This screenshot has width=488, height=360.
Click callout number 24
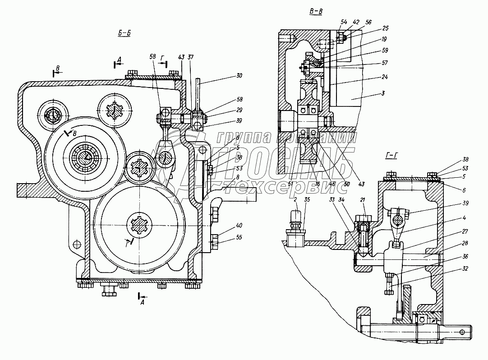384,77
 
